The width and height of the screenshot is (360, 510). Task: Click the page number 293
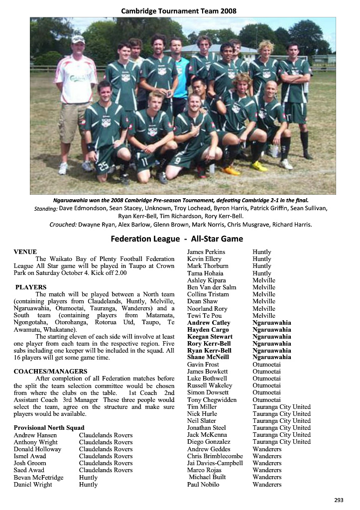(x=339, y=500)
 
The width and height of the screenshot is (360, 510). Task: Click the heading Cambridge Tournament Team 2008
(x=180, y=10)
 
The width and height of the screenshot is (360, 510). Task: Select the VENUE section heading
(x=25, y=252)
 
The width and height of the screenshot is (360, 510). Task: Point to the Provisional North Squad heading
(x=49, y=428)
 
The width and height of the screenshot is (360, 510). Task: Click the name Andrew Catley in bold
(x=209, y=323)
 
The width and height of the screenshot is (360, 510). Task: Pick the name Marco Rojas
(x=205, y=470)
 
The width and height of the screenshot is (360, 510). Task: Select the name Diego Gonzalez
(x=209, y=442)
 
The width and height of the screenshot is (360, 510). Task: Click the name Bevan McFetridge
(x=38, y=478)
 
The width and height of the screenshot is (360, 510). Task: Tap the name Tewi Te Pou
(x=204, y=316)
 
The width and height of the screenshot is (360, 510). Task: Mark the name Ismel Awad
(x=30, y=456)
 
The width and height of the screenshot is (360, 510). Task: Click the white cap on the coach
(x=78, y=39)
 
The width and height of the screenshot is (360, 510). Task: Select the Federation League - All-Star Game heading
(x=177, y=239)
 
